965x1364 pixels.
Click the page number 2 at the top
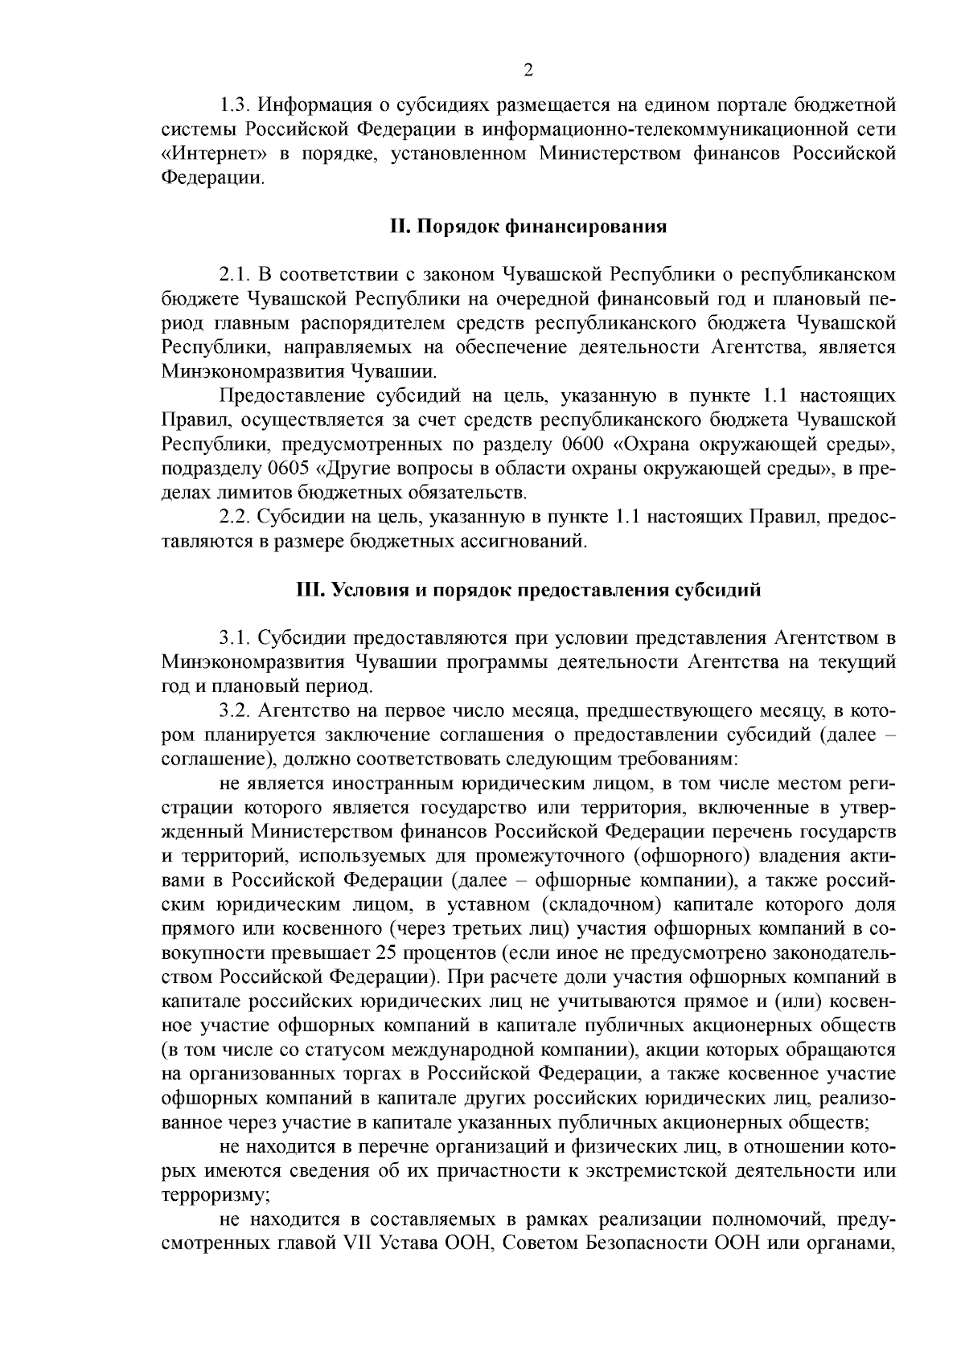tap(528, 70)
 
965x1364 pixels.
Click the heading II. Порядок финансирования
tap(528, 227)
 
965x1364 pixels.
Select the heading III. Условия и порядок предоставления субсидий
tap(528, 591)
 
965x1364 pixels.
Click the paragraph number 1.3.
tap(235, 104)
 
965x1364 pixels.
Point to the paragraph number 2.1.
tap(235, 275)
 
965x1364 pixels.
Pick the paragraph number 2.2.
tap(235, 518)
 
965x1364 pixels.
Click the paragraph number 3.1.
tap(235, 639)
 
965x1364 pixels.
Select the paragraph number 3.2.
tap(235, 711)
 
